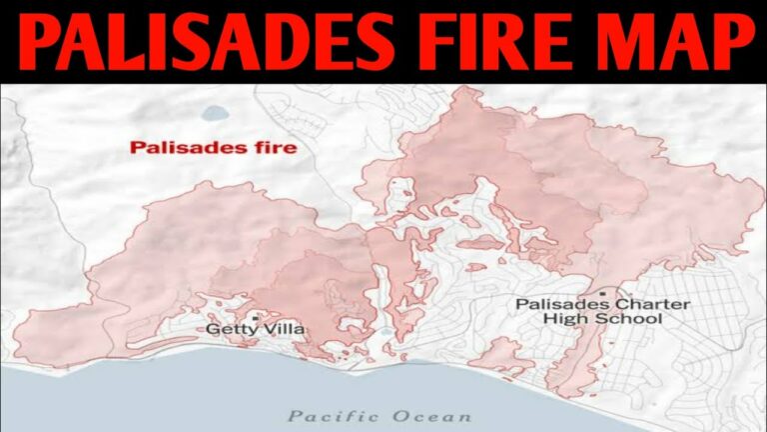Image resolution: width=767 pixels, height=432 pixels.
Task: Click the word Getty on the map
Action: click(x=229, y=328)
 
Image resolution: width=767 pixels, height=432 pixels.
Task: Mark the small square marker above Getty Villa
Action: click(x=256, y=316)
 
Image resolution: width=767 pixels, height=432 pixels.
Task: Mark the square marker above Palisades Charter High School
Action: click(x=603, y=293)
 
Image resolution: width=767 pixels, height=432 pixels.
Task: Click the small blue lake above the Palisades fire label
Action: click(x=214, y=113)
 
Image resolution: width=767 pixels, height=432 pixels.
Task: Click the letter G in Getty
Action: click(x=212, y=328)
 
